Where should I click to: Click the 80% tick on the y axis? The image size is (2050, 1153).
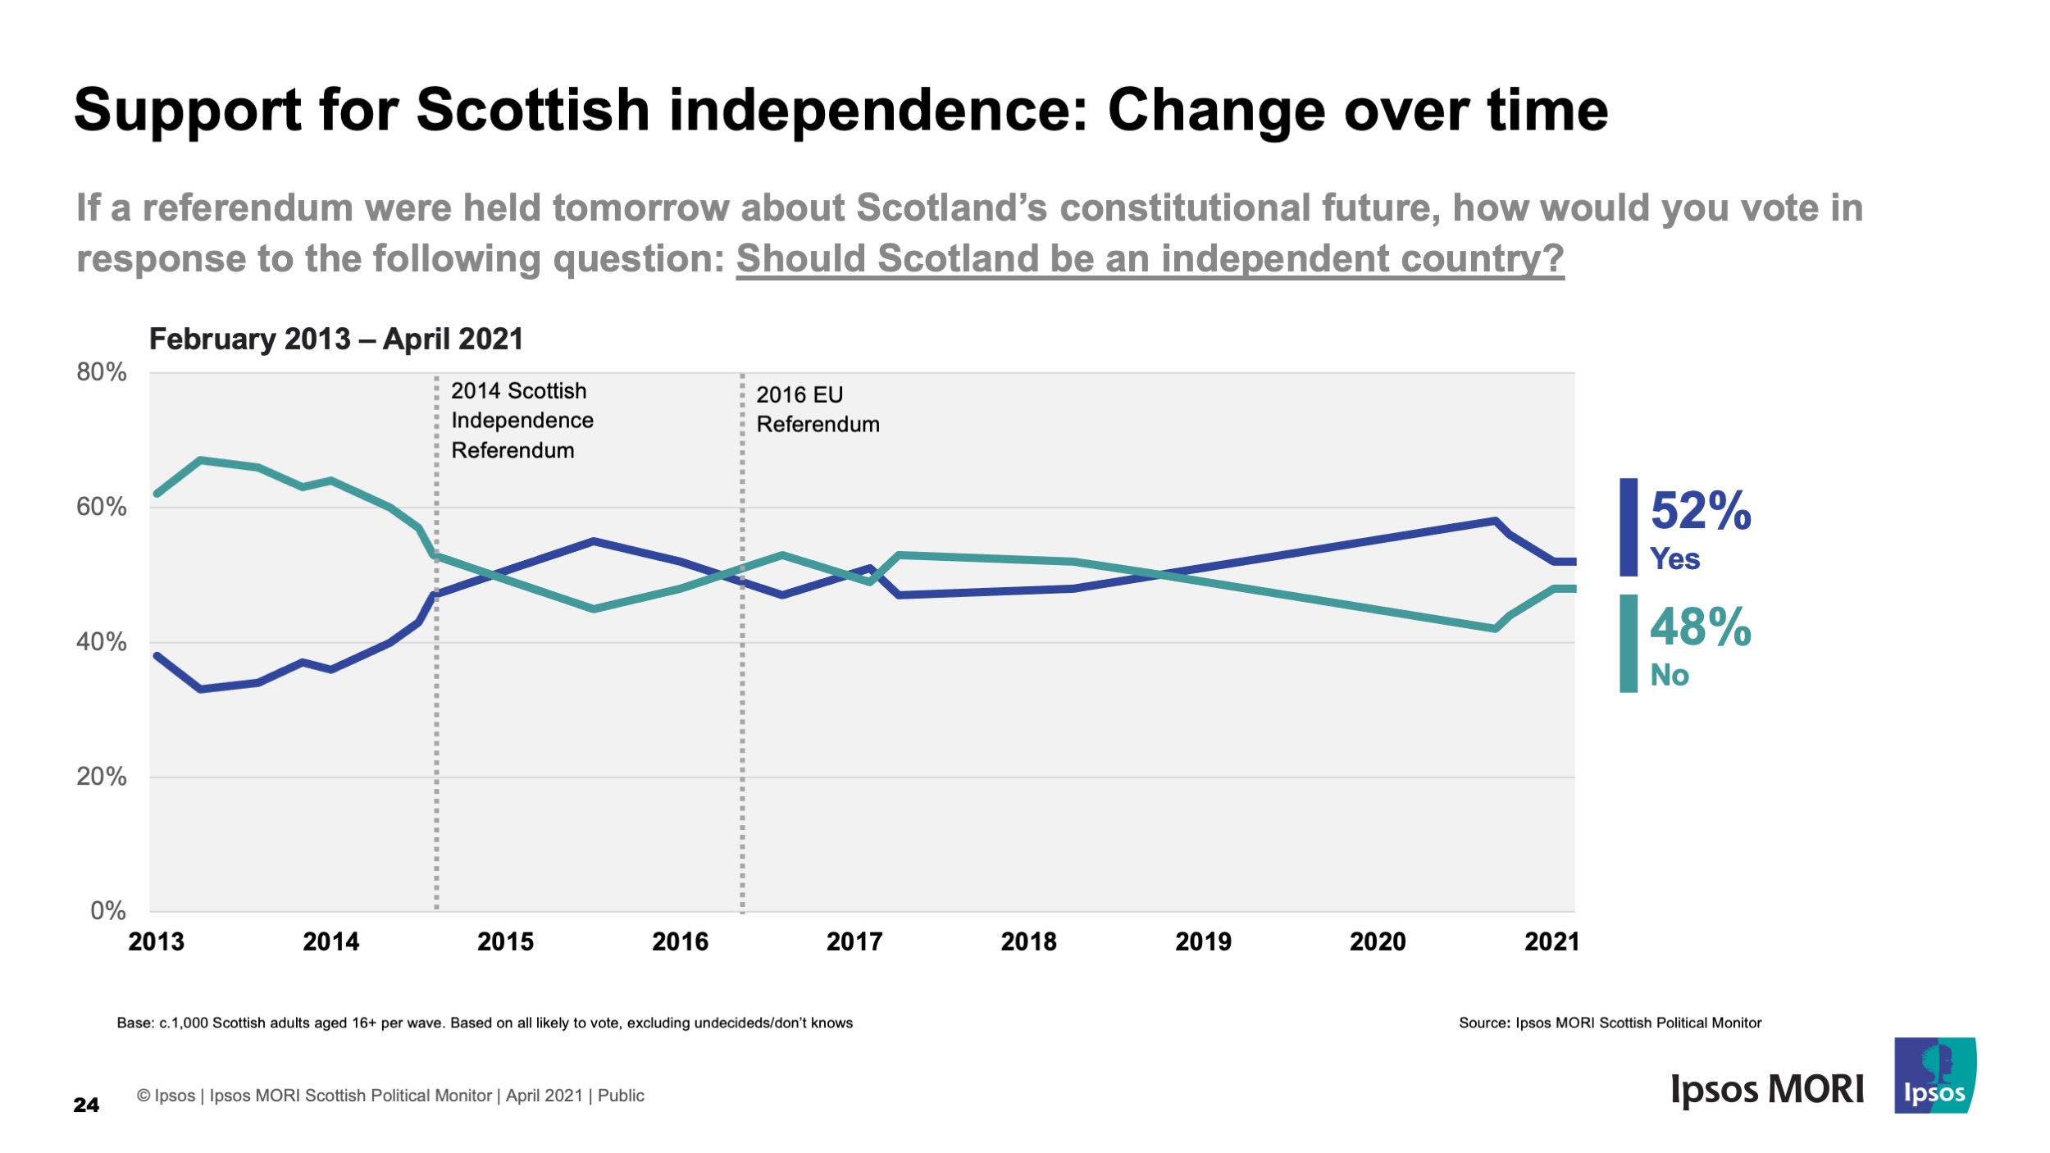[x=102, y=372]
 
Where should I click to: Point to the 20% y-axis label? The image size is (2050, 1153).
[x=102, y=777]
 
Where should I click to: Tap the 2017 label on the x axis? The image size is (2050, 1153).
[x=854, y=941]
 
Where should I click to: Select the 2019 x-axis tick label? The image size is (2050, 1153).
[x=1203, y=941]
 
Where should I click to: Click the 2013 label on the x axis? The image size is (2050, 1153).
[x=156, y=941]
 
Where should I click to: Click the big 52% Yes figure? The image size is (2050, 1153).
[x=1700, y=511]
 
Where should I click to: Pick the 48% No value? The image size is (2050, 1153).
[x=1700, y=627]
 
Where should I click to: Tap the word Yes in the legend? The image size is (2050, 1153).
[x=1674, y=559]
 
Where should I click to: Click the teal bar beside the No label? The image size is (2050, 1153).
[x=1628, y=644]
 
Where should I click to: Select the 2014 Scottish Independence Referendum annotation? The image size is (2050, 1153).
[x=522, y=421]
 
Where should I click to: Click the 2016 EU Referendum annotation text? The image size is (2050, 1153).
[x=817, y=409]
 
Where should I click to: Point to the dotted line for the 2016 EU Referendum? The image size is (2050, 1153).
[x=742, y=656]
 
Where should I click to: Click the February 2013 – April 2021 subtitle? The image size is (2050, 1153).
[x=335, y=339]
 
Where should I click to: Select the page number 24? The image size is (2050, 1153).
[x=86, y=1105]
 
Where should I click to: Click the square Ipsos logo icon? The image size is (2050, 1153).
[x=1934, y=1075]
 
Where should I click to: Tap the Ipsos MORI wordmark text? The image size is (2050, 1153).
[x=1767, y=1090]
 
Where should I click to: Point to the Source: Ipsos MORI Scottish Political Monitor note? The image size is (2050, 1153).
[x=1610, y=1023]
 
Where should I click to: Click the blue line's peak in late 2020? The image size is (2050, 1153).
[x=1495, y=521]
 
